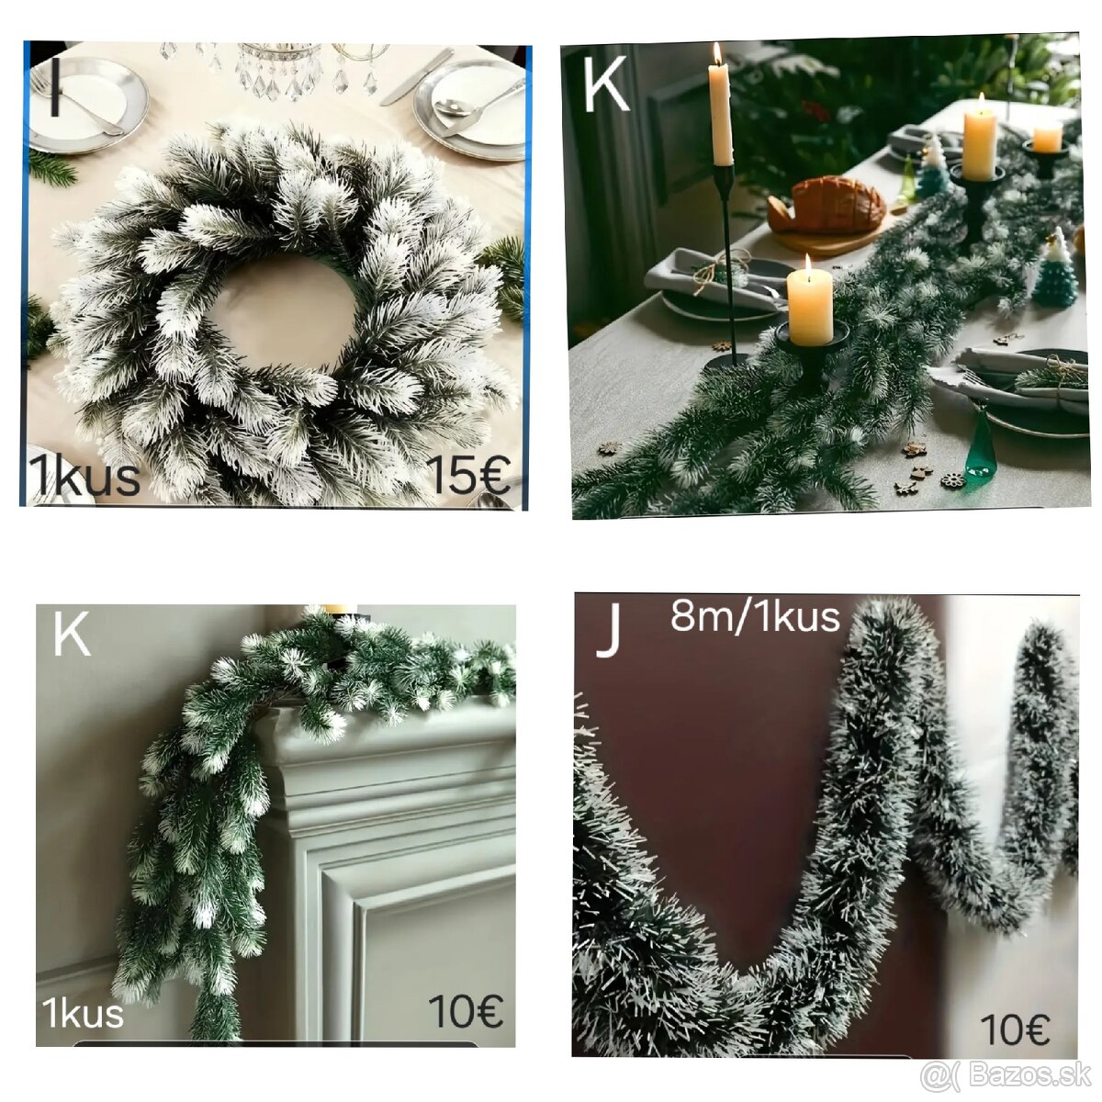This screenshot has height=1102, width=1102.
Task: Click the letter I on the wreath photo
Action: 55,90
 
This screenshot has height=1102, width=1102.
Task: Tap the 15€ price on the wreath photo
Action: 470,475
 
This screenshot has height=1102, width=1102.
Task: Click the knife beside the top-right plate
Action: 416,76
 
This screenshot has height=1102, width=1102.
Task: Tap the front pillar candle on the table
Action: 810,306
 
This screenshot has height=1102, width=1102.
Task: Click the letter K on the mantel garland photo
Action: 72,635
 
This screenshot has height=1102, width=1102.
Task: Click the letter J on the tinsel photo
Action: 609,633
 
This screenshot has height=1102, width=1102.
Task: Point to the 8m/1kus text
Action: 756,617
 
